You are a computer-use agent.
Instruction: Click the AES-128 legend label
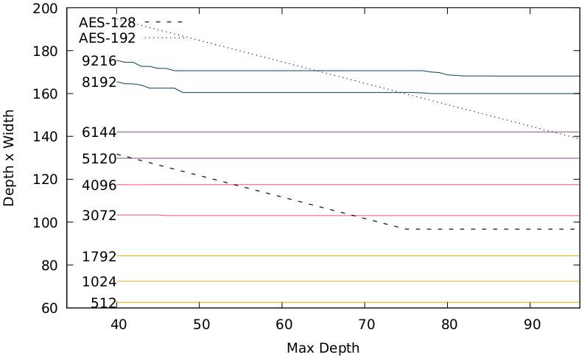pos(107,23)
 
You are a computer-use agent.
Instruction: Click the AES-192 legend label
pos(107,38)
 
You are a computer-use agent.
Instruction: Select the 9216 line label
pos(99,61)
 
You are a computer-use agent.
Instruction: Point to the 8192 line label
pos(99,82)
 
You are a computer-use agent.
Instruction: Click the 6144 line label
pos(99,133)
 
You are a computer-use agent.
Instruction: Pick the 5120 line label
pos(99,158)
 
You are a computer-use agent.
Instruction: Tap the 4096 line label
pos(99,186)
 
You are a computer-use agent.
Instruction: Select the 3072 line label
pos(99,216)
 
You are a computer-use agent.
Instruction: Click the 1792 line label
pos(99,257)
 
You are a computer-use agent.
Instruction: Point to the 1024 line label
pos(99,282)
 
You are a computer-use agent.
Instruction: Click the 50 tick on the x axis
pos(200,324)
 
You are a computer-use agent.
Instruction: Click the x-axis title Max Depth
pos(323,347)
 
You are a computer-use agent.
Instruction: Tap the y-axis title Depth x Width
pos(10,158)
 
